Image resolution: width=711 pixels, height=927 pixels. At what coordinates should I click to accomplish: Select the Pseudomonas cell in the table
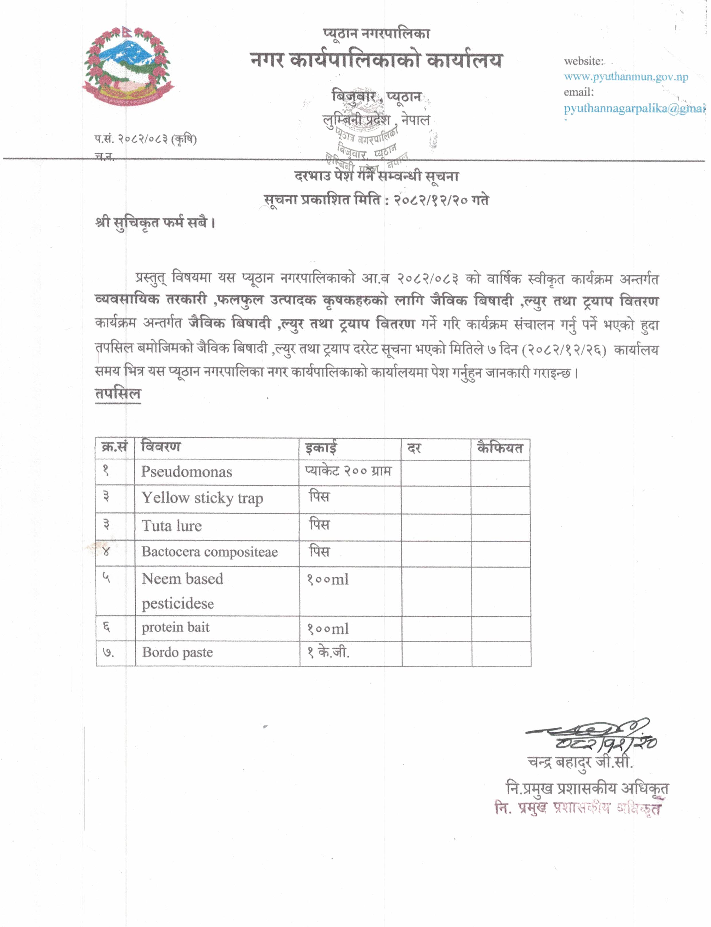tap(187, 472)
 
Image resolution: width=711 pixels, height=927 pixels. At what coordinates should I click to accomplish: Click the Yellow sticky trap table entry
tap(202, 498)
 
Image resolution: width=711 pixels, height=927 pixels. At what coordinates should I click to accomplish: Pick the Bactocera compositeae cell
tap(209, 552)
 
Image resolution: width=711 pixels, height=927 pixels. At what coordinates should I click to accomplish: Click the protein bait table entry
tap(176, 628)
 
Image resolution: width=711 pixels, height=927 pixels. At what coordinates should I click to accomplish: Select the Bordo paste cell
tap(177, 653)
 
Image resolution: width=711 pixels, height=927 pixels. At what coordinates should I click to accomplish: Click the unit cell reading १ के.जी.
tap(328, 653)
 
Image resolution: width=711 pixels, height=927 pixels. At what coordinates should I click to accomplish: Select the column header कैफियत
tap(500, 448)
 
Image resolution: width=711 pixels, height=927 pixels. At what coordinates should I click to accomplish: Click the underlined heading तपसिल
tap(118, 394)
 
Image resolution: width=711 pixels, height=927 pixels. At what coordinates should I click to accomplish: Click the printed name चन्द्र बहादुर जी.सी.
tap(580, 762)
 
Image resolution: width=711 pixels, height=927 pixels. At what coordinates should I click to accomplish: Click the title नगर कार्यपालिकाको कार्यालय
tap(376, 61)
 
